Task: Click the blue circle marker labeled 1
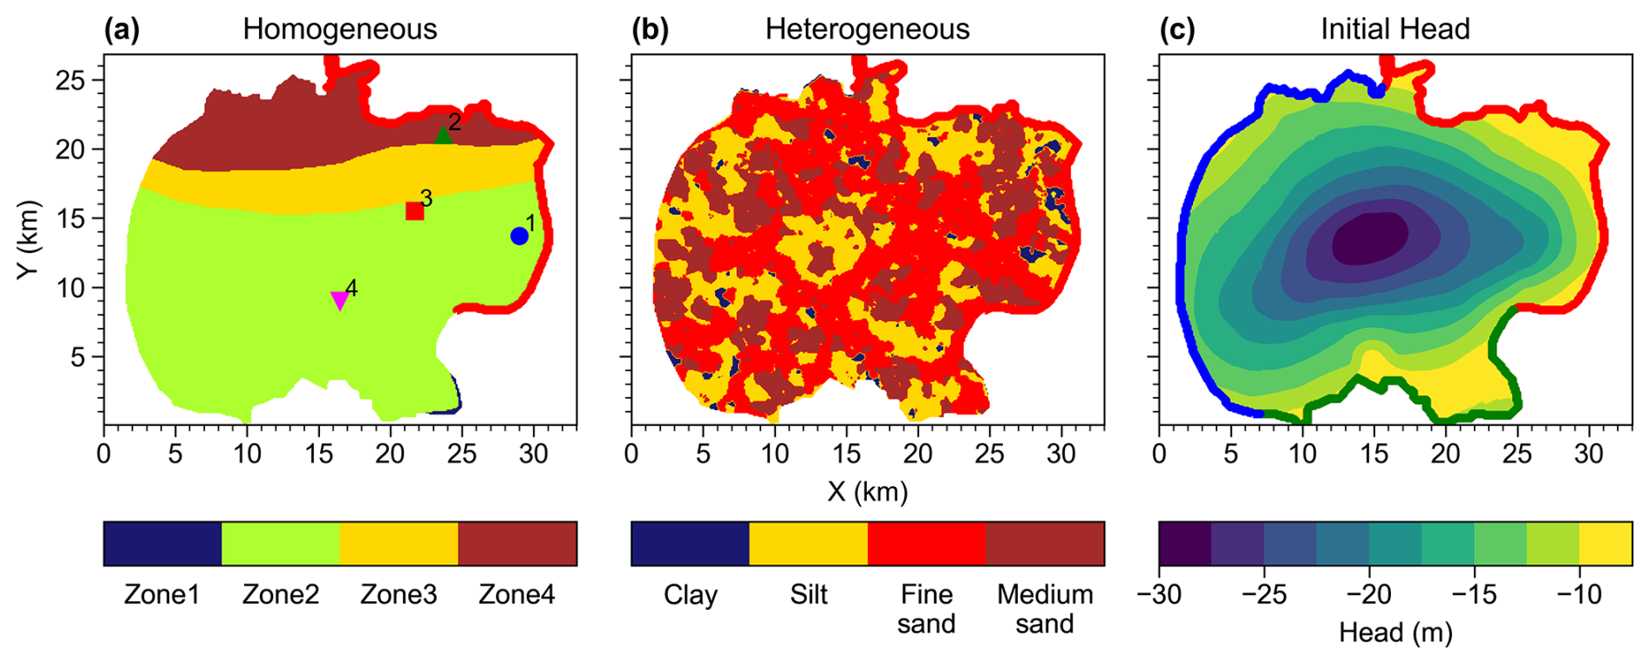[519, 236]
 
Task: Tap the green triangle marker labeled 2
[443, 135]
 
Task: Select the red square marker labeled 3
[415, 211]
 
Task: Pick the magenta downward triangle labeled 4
[340, 300]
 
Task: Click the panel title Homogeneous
[339, 29]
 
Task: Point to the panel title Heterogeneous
[867, 29]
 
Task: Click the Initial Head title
[1394, 29]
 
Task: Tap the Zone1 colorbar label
[161, 594]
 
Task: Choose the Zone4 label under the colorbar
[516, 594]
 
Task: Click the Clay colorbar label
[690, 594]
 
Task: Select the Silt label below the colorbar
[808, 594]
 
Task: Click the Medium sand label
[1045, 608]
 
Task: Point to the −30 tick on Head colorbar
[1159, 594]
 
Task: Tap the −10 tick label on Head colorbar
[1578, 594]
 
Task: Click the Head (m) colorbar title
[1395, 633]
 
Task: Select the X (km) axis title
[867, 492]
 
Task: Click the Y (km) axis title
[29, 239]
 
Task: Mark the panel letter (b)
[650, 29]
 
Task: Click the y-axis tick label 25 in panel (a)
[71, 80]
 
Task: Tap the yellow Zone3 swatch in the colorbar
[399, 544]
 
